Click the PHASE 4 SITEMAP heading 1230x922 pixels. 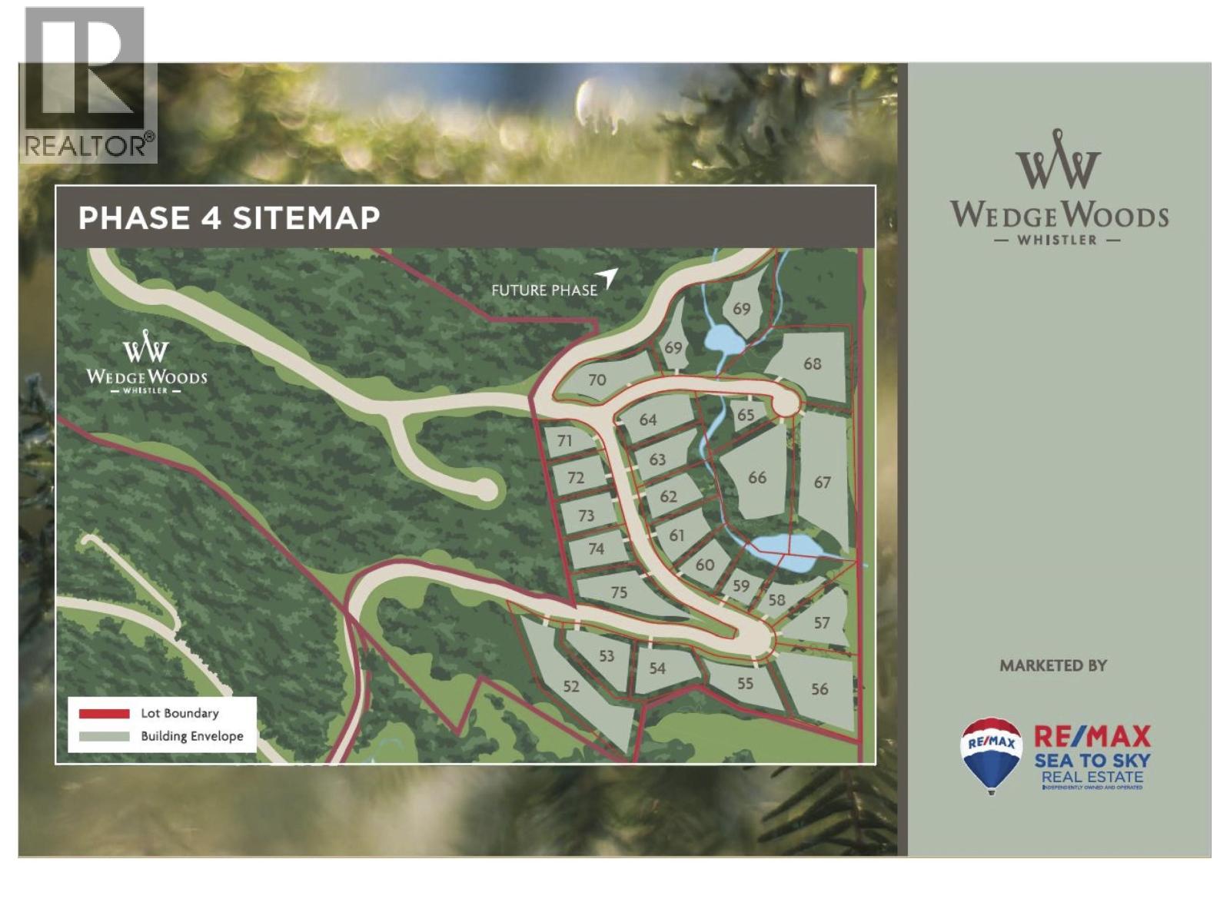coord(229,218)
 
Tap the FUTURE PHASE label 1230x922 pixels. coord(544,290)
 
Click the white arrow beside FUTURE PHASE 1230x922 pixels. coord(608,278)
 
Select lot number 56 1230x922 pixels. coord(819,689)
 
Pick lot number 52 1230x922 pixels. coord(570,686)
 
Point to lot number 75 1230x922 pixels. coord(619,592)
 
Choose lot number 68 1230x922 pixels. coord(812,363)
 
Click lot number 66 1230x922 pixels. coord(757,478)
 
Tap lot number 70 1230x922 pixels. coord(597,380)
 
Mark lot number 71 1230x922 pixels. coord(565,440)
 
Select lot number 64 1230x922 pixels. coord(648,420)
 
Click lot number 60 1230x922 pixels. coord(705,565)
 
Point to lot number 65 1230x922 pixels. coord(746,415)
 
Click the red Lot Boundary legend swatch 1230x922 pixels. coord(104,714)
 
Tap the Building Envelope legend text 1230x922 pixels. coord(191,736)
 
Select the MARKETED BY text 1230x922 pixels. coord(1052,665)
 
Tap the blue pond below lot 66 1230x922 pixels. coord(792,549)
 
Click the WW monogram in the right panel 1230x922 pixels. coord(1058,161)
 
